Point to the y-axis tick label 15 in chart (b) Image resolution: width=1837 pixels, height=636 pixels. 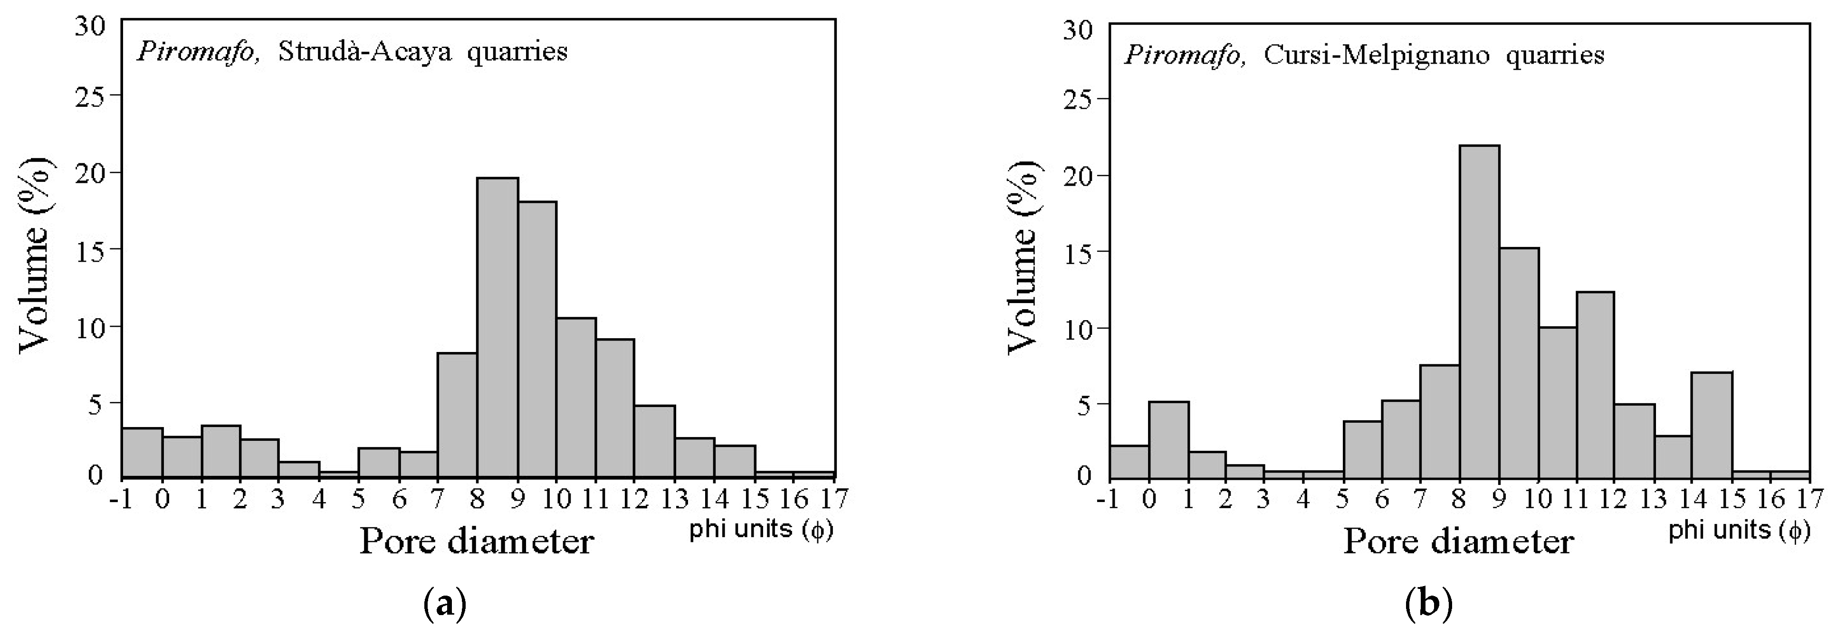(1078, 252)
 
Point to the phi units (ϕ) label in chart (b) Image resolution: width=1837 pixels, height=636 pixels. (1739, 531)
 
